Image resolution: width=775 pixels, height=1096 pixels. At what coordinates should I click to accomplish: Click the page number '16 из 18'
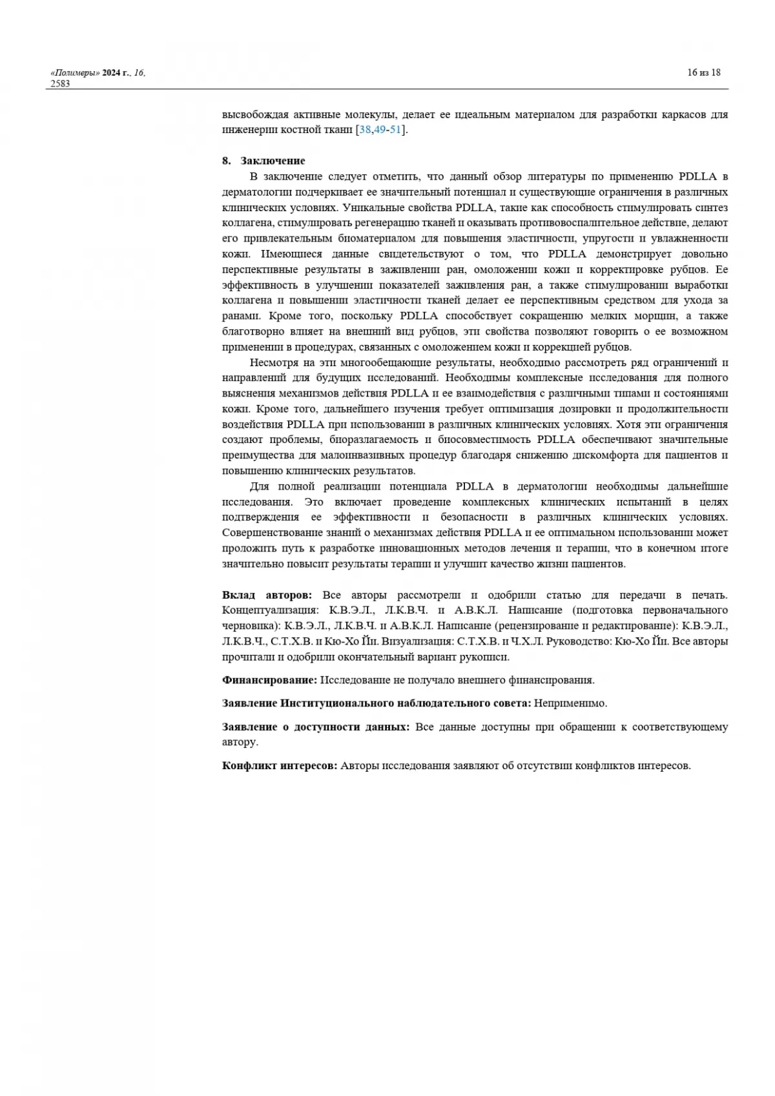tap(703, 72)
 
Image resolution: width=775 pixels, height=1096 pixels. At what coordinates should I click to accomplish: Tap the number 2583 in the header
tap(59, 83)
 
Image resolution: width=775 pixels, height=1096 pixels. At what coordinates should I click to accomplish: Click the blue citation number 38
tap(365, 130)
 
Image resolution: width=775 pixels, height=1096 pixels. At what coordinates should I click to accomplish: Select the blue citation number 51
tap(396, 130)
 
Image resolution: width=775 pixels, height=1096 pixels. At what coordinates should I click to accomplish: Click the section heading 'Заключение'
tap(273, 161)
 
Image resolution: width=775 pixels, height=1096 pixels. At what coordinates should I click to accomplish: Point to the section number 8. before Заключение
tap(226, 161)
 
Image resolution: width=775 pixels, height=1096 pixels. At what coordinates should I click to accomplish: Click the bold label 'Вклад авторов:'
tap(267, 595)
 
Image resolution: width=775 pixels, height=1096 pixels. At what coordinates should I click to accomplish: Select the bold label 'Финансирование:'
tap(269, 680)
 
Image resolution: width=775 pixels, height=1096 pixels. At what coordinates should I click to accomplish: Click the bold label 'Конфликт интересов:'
tap(280, 765)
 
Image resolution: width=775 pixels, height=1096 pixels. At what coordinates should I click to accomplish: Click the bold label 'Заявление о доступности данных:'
tap(316, 727)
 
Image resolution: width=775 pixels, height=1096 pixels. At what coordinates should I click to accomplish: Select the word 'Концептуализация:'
tap(270, 610)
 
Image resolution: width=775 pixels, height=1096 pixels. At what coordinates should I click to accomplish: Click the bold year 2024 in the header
tap(112, 73)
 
